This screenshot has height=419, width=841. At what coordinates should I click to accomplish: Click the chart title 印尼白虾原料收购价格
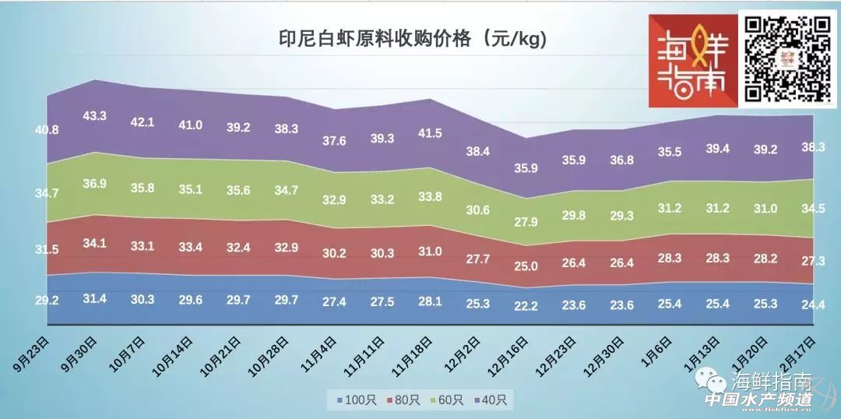[x=413, y=38]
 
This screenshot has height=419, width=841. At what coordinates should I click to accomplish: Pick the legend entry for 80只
[x=403, y=400]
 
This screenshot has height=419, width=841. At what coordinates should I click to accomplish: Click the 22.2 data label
[x=526, y=307]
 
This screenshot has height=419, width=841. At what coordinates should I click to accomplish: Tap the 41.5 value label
[x=429, y=133]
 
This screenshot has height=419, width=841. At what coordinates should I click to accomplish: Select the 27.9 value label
[x=526, y=224]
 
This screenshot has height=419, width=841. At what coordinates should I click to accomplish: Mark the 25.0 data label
[x=526, y=266]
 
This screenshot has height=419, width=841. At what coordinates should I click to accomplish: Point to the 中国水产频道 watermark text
[x=758, y=399]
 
